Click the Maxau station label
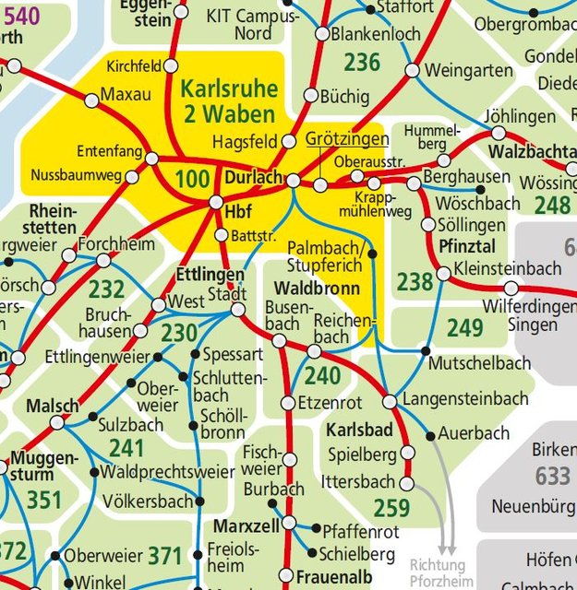click(x=125, y=94)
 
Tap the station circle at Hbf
click(x=216, y=202)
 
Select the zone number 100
click(x=192, y=179)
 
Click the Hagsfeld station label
click(x=245, y=142)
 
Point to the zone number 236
click(x=362, y=63)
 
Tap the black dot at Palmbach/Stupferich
click(x=372, y=253)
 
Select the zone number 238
click(x=415, y=281)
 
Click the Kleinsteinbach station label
click(x=508, y=269)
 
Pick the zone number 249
click(x=464, y=327)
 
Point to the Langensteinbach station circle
click(x=390, y=401)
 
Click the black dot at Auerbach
click(x=430, y=434)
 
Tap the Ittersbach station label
click(x=358, y=482)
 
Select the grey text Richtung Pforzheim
click(x=440, y=572)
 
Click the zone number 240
click(x=323, y=375)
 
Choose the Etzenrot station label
click(x=330, y=403)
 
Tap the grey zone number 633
click(x=552, y=476)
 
